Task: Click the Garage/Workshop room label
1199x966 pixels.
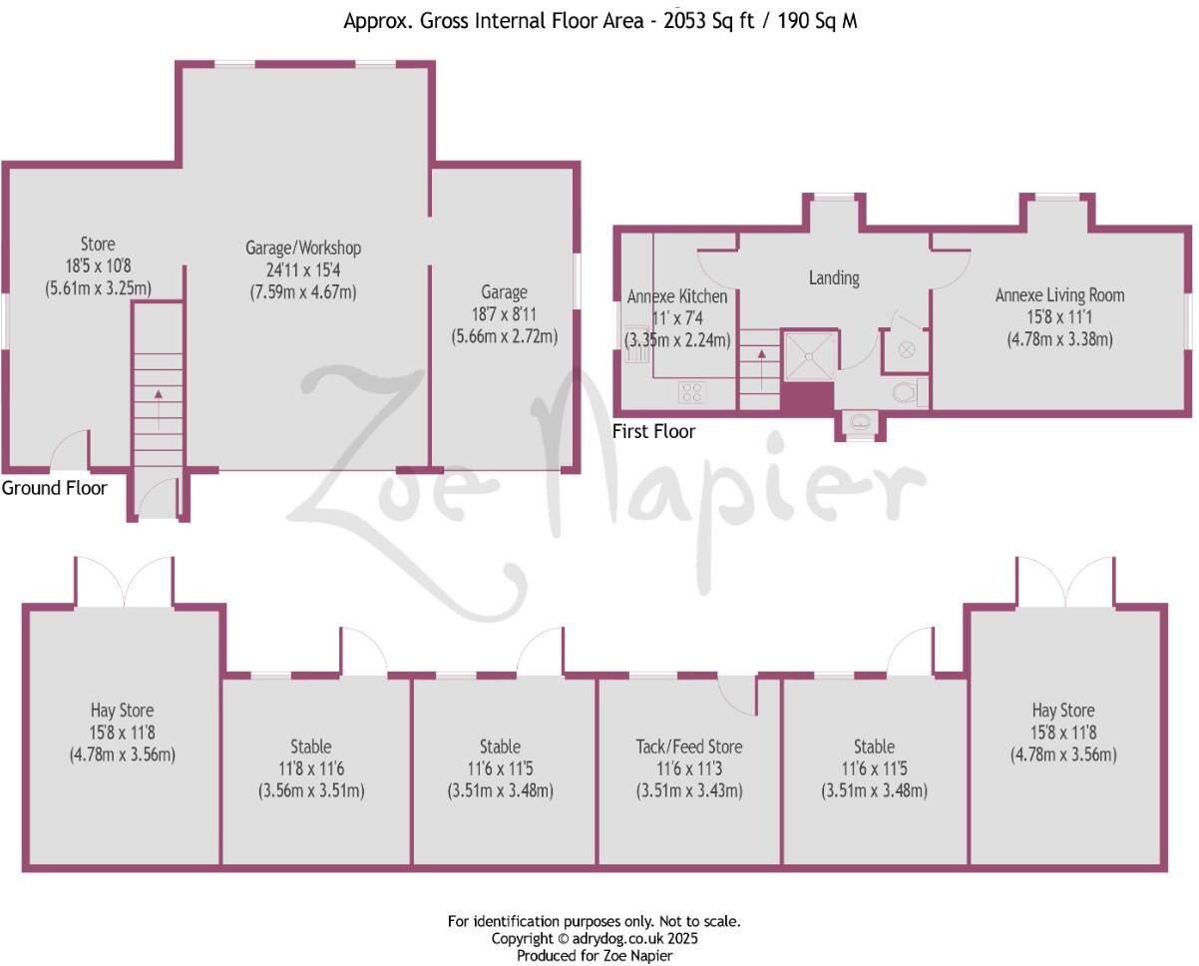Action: click(303, 247)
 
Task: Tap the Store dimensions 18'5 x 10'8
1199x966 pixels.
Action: click(98, 266)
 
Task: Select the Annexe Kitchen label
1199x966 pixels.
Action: click(677, 296)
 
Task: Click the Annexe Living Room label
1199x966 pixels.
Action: click(1059, 295)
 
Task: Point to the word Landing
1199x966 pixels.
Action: click(833, 278)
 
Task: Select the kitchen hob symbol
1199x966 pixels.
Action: click(692, 392)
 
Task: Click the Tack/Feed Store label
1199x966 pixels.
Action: click(689, 746)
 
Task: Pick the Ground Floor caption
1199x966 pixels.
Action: click(54, 488)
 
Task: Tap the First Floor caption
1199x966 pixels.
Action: click(654, 431)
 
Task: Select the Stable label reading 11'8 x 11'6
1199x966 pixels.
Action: click(312, 746)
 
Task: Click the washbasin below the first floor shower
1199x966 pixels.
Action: click(858, 424)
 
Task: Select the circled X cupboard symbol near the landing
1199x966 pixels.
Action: click(906, 349)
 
